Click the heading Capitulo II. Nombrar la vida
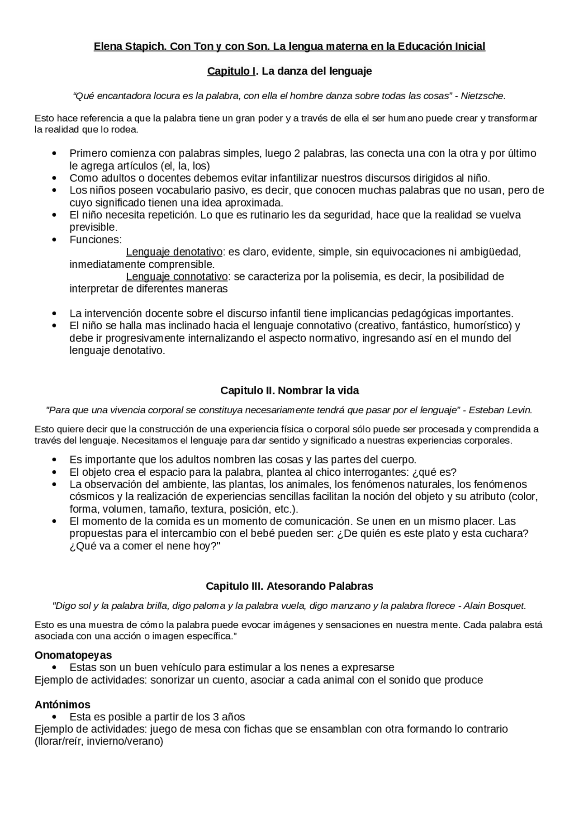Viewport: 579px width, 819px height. tap(289, 390)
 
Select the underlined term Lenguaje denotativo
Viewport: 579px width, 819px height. tap(174, 252)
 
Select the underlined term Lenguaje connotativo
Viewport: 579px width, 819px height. tap(177, 276)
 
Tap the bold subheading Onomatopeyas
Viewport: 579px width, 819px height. tap(73, 655)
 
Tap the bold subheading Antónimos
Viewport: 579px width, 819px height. tap(62, 705)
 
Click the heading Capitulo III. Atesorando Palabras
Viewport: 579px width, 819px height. tap(289, 586)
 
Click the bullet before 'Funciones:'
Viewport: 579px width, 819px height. tap(55, 240)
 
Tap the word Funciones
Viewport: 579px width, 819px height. tap(95, 240)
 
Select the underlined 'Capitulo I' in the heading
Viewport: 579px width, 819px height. tap(231, 71)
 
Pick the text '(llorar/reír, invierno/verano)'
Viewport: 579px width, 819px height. tap(99, 742)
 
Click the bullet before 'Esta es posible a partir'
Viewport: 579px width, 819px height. tap(55, 717)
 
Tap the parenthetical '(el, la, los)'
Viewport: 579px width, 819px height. tap(185, 166)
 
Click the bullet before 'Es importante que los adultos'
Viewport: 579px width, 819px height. tap(55, 460)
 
